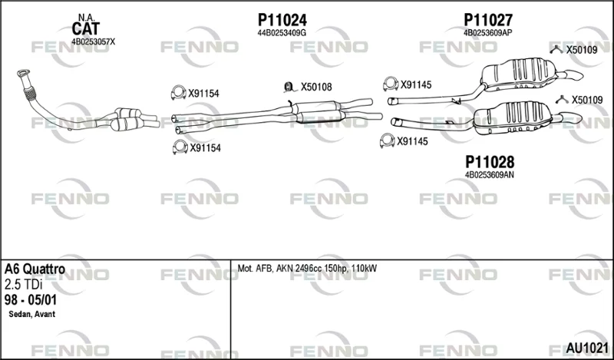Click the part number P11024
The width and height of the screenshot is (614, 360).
click(x=282, y=20)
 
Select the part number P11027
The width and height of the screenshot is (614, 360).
click(x=488, y=20)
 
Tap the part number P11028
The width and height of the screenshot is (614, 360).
click(x=490, y=162)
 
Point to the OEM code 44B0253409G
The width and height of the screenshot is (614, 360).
click(x=282, y=33)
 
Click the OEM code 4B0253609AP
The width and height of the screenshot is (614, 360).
click(x=488, y=33)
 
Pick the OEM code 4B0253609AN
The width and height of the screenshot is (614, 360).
click(x=490, y=175)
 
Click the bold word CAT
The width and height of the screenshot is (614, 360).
click(x=86, y=29)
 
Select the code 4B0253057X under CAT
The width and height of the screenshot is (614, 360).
click(x=93, y=41)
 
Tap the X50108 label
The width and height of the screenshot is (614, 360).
click(x=316, y=87)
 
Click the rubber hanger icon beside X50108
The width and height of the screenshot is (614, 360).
click(x=289, y=87)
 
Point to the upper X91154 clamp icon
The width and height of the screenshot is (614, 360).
click(x=178, y=92)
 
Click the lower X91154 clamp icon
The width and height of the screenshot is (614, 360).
click(x=180, y=147)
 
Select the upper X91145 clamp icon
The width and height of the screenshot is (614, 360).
click(x=391, y=84)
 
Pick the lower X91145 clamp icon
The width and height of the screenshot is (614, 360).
click(x=388, y=140)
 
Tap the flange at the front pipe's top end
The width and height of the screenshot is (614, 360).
click(x=24, y=73)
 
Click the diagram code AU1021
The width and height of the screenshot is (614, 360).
click(x=587, y=348)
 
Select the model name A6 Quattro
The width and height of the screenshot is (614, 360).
click(x=35, y=269)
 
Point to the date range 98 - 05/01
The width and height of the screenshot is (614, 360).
click(x=31, y=300)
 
